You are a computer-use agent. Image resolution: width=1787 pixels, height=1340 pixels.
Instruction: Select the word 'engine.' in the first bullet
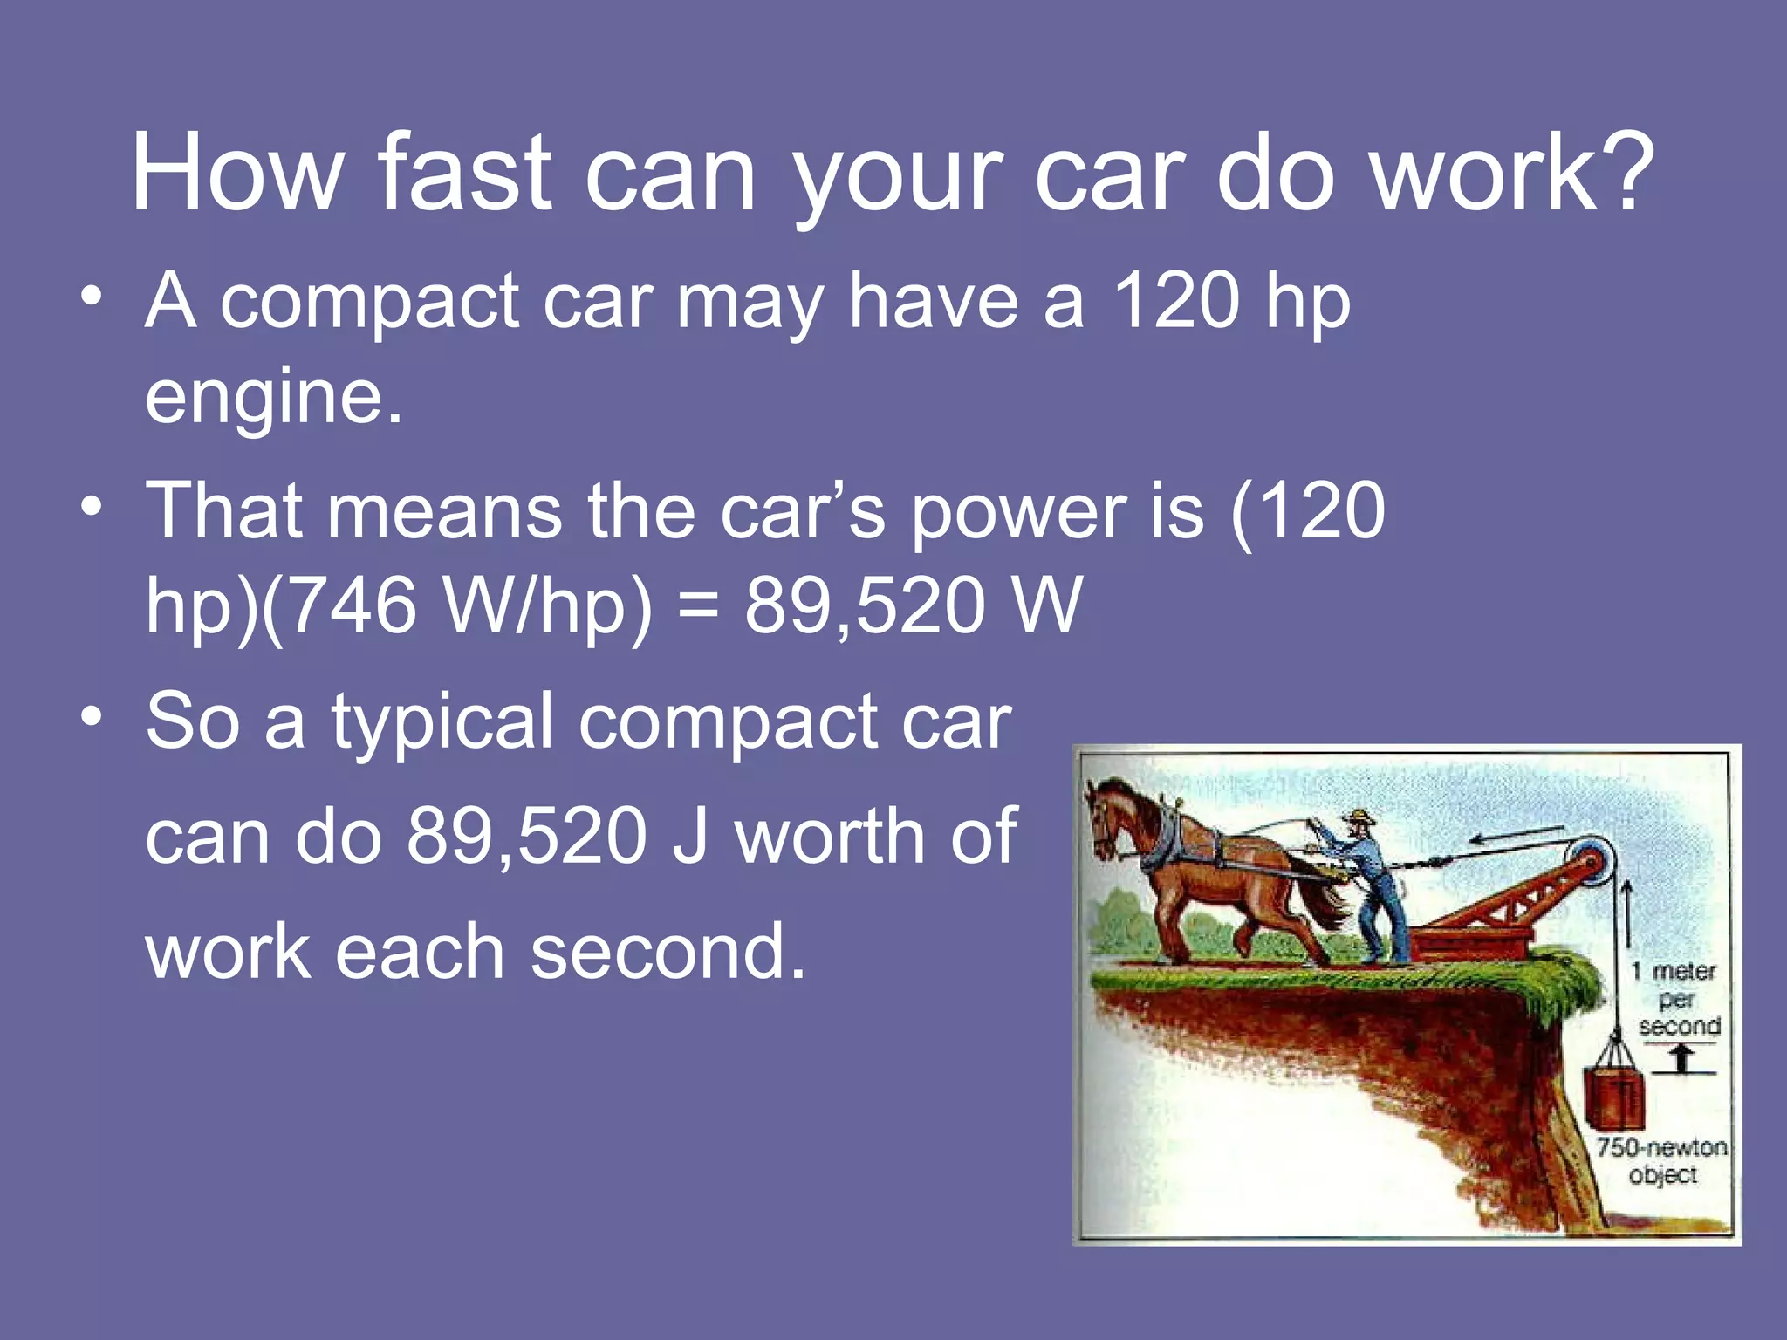pyautogui.click(x=274, y=398)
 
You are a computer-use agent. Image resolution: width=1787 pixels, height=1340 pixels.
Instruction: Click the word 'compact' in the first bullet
pyautogui.click(x=370, y=302)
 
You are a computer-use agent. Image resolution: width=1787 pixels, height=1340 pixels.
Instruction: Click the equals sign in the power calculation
pyautogui.click(x=698, y=608)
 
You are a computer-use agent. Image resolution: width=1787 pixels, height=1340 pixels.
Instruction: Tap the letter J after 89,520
pyautogui.click(x=689, y=837)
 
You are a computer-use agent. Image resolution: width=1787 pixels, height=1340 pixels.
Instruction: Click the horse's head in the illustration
pyautogui.click(x=1106, y=816)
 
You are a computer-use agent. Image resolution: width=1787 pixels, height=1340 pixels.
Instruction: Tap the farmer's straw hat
pyautogui.click(x=1358, y=818)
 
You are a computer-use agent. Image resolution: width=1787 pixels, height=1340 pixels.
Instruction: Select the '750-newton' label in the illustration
pyautogui.click(x=1661, y=1147)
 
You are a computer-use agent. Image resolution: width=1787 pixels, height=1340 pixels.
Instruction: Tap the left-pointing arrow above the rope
pyautogui.click(x=1517, y=836)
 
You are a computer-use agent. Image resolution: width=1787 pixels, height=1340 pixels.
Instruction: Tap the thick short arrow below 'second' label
pyautogui.click(x=1682, y=1058)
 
